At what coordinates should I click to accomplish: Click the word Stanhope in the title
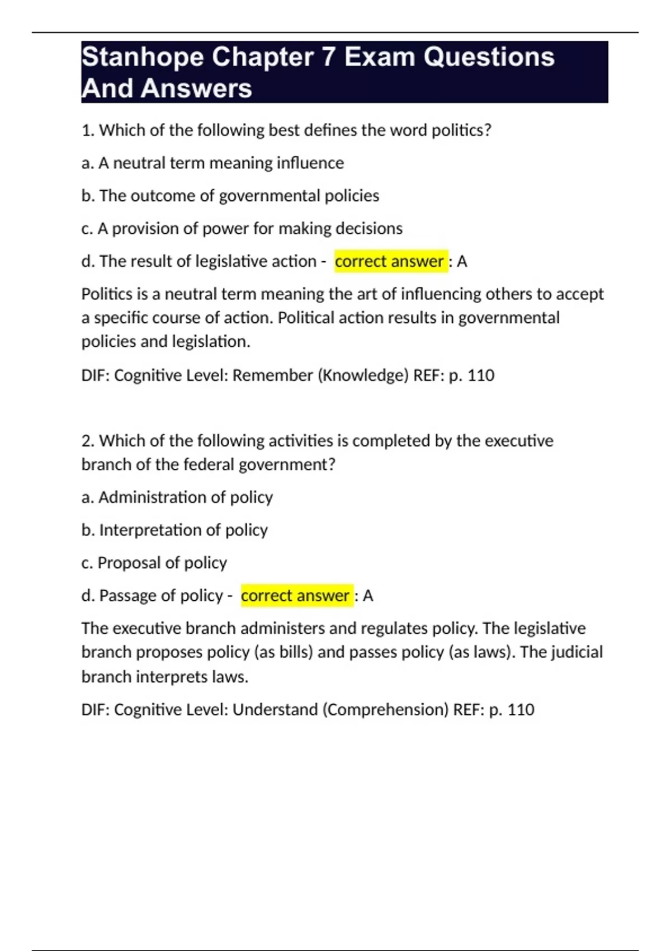click(143, 58)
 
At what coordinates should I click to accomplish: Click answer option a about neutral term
click(212, 163)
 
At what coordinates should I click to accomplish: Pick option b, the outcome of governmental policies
click(230, 196)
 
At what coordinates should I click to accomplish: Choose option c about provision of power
click(242, 228)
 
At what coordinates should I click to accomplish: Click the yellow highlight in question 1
click(391, 261)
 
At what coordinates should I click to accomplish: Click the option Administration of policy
click(177, 497)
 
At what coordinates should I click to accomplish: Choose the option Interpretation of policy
click(174, 530)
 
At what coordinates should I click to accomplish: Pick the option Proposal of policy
click(154, 563)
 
